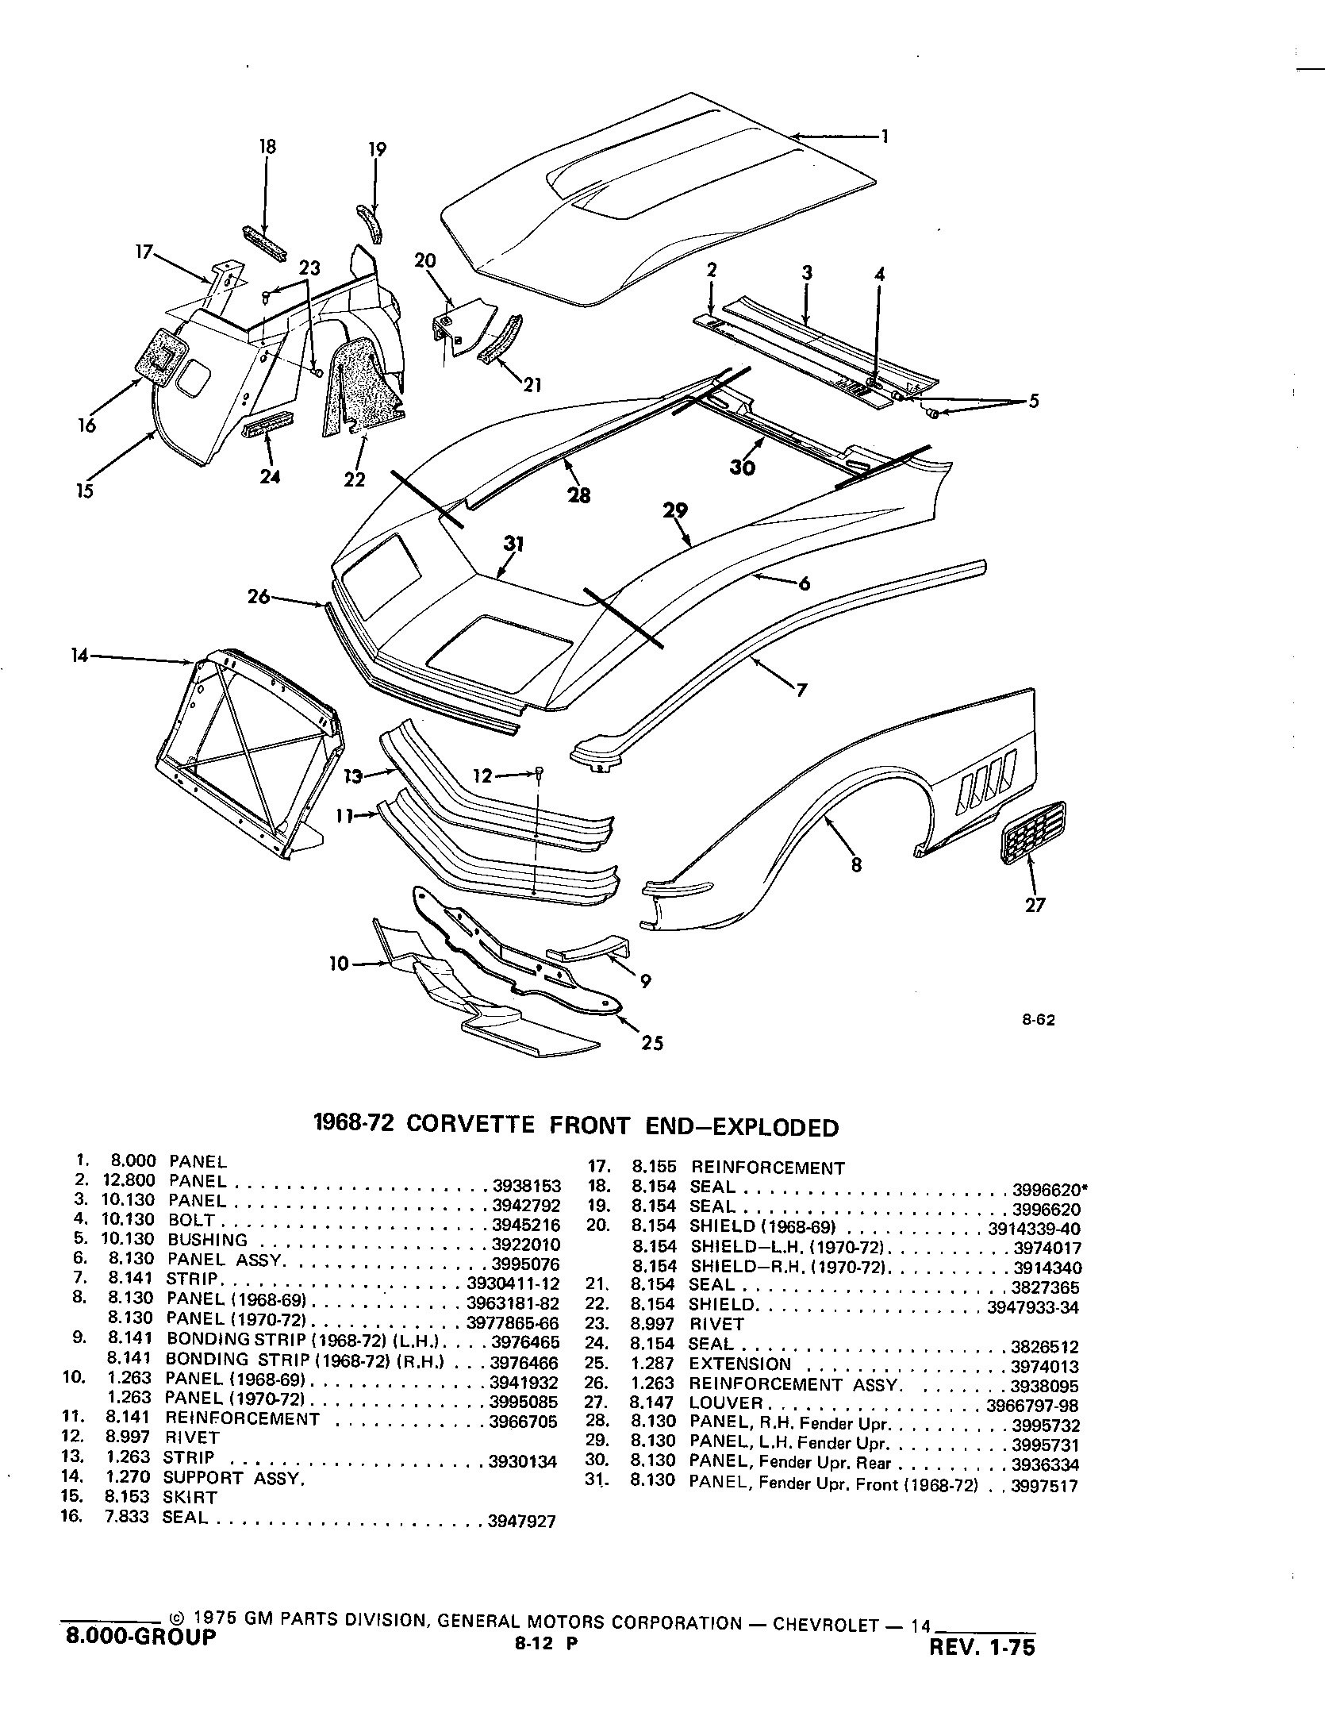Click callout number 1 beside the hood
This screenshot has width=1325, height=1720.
(x=885, y=137)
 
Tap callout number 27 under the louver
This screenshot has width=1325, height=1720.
(x=1035, y=904)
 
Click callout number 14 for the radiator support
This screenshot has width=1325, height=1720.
(x=80, y=656)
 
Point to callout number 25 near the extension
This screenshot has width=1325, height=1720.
(x=652, y=1042)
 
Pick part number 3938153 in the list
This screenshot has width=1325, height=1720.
(x=527, y=1186)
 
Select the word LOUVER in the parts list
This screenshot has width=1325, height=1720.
(x=726, y=1403)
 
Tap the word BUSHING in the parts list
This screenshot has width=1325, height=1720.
(x=207, y=1240)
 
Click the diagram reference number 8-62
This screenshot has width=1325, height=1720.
(x=1038, y=1021)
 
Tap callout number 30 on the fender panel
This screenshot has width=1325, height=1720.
(x=743, y=468)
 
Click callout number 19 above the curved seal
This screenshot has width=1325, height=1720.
(x=378, y=149)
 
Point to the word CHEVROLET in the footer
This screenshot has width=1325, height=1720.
(x=825, y=1622)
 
